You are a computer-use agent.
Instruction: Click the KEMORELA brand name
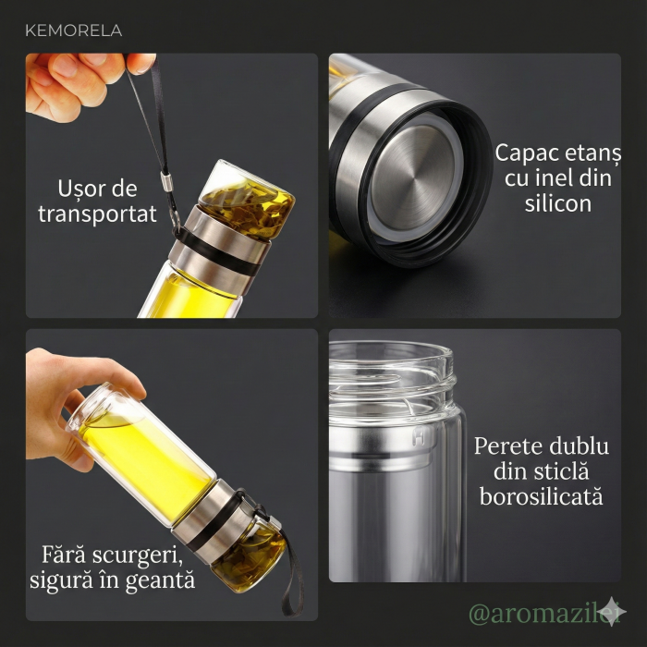point(74,31)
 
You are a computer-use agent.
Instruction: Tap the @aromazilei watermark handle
point(535,613)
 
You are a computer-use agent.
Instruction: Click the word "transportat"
point(97,214)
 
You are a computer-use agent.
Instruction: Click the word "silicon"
point(557,203)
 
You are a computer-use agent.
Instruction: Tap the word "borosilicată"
point(542,497)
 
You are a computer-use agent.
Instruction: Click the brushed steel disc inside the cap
point(419,172)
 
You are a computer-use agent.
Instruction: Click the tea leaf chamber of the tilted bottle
point(245,559)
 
